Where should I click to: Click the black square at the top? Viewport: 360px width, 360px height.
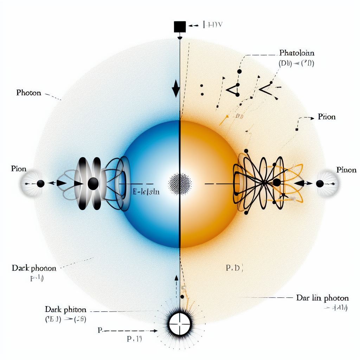tap(180, 27)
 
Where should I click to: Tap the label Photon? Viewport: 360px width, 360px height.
tap(28, 93)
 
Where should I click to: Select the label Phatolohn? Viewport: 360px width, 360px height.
tap(297, 53)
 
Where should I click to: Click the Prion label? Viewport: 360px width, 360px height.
tap(327, 117)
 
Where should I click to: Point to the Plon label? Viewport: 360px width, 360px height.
tap(19, 169)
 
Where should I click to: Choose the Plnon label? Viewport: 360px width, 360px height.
tap(346, 170)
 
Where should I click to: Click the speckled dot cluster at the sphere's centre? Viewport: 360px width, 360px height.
tap(180, 183)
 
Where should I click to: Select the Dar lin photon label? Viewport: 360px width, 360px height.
tap(322, 298)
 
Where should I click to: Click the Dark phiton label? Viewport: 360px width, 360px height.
tap(65, 310)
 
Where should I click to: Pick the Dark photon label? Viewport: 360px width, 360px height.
tap(34, 268)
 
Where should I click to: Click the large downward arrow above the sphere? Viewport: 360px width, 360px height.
tap(175, 89)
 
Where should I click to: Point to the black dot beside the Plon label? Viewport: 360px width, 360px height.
tap(40, 184)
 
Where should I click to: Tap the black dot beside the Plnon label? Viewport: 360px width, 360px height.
tap(320, 184)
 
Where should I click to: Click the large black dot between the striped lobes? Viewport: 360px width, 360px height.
tap(93, 183)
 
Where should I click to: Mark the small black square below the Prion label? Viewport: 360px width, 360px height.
tap(297, 130)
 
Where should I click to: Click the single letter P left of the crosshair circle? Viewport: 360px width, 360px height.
tap(99, 330)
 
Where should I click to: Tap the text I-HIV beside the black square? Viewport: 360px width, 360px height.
tap(213, 25)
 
